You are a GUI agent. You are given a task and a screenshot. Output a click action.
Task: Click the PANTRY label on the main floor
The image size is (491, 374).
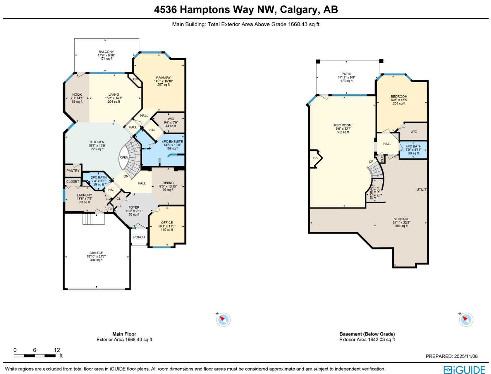(73, 171)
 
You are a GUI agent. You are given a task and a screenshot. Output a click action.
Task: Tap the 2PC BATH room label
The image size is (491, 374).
(99, 178)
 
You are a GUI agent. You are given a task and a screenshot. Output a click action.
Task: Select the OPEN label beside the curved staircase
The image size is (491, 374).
(124, 157)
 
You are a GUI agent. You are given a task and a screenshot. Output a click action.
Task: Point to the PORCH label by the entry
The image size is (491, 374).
(139, 237)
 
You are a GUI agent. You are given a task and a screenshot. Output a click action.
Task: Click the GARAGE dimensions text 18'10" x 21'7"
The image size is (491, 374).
(96, 256)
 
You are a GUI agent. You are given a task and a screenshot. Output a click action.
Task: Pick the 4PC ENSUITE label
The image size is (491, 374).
(172, 142)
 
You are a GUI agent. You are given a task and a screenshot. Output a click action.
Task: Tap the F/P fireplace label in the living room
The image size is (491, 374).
(135, 80)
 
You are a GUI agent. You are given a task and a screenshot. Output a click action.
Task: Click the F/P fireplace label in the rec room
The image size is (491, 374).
(315, 159)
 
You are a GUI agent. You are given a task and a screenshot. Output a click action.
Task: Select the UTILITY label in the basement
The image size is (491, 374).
(422, 190)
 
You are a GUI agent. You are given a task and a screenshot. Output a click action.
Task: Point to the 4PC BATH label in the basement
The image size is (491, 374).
(413, 146)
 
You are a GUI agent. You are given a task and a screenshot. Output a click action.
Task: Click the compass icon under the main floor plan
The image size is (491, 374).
(223, 320)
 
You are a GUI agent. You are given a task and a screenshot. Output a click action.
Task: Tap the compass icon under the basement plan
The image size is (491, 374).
(466, 320)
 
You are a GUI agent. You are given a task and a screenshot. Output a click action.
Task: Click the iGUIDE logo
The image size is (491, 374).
(464, 370)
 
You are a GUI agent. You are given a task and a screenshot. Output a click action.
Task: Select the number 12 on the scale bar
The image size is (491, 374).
(57, 350)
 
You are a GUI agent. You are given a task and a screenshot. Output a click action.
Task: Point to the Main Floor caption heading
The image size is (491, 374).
(124, 334)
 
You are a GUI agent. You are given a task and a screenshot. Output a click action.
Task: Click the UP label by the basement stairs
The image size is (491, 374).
(371, 162)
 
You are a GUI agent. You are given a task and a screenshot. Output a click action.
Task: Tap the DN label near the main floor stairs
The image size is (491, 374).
(126, 176)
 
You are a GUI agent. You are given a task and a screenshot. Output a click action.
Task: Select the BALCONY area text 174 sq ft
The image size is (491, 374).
(106, 59)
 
